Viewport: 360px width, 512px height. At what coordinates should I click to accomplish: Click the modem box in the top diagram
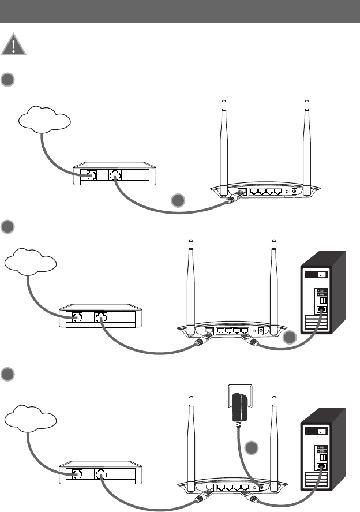114,173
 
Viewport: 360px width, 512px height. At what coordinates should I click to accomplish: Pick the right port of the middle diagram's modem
101,317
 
